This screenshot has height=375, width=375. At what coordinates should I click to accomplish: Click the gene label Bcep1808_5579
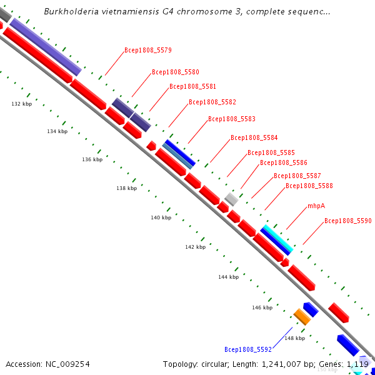tap(148, 50)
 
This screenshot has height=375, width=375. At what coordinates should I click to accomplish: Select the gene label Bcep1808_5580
tap(176, 72)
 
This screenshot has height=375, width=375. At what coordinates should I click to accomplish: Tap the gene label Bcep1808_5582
tap(212, 102)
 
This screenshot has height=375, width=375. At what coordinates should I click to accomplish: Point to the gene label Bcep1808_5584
tap(254, 137)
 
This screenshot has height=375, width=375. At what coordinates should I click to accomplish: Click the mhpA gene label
tap(316, 206)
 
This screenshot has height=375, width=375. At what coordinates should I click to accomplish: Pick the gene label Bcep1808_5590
tap(348, 221)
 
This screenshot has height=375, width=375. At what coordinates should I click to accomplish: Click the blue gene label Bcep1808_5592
tap(248, 349)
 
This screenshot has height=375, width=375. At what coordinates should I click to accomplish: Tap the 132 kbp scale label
tap(22, 104)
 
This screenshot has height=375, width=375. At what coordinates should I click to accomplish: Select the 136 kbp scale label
tap(92, 159)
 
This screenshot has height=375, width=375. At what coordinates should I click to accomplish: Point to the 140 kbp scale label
tap(161, 217)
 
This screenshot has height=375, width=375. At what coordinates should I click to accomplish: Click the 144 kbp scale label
tap(228, 276)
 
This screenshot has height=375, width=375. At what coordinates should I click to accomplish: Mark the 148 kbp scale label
tap(294, 338)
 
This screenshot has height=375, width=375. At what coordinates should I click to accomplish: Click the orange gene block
tap(302, 317)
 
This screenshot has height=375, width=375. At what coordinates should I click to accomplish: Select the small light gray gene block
tap(231, 199)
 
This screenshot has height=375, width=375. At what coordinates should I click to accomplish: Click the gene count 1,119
tap(357, 364)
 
